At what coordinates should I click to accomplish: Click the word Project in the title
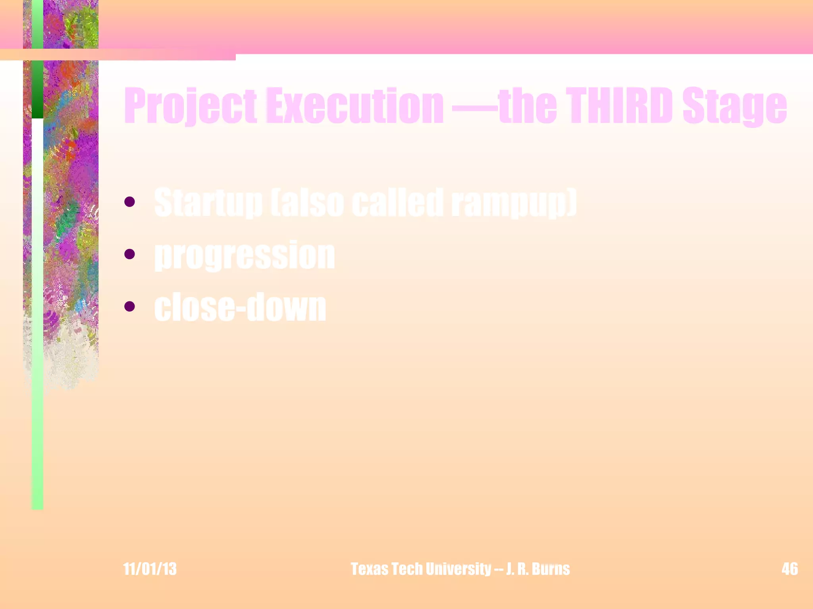click(x=191, y=105)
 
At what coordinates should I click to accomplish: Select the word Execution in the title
click(x=354, y=105)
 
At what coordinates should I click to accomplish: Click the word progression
click(x=245, y=256)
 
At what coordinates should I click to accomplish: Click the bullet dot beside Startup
click(x=129, y=202)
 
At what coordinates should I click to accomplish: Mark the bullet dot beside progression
click(x=129, y=254)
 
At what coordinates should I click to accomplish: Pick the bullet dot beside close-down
click(x=129, y=306)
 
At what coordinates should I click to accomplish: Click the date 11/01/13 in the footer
click(x=150, y=569)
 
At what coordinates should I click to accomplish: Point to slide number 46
click(x=790, y=569)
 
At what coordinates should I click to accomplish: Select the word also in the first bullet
click(x=307, y=203)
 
